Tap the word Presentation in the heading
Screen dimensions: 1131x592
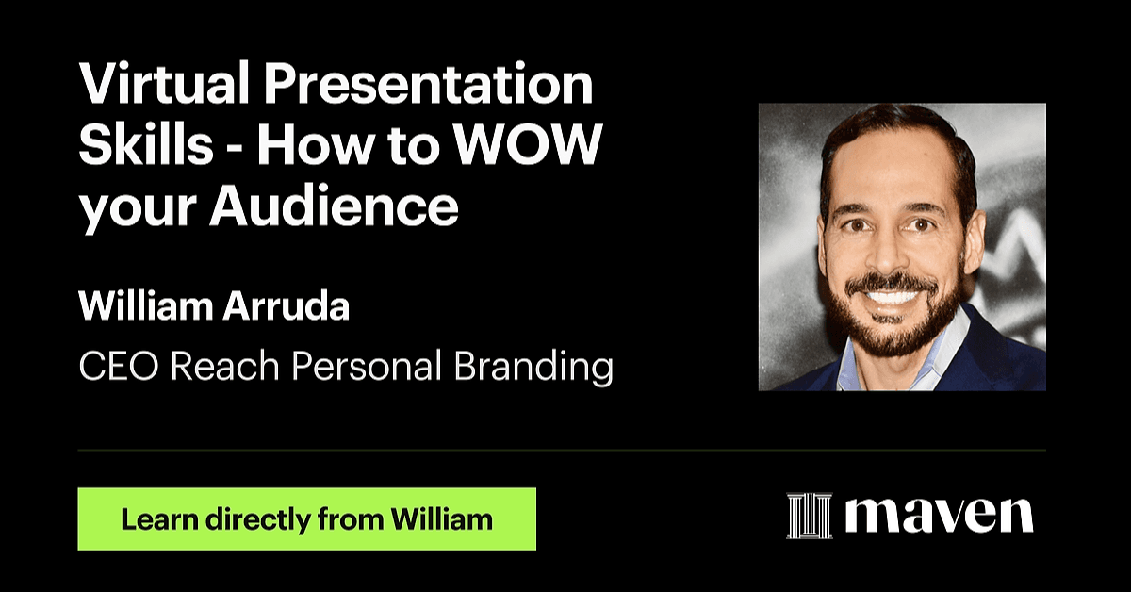tap(429, 82)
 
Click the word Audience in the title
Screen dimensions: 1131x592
tap(335, 206)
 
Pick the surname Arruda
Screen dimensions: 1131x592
tap(287, 306)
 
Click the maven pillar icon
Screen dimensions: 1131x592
tap(810, 516)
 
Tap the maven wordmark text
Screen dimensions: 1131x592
tap(939, 516)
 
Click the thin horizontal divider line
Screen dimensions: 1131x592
tap(562, 450)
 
